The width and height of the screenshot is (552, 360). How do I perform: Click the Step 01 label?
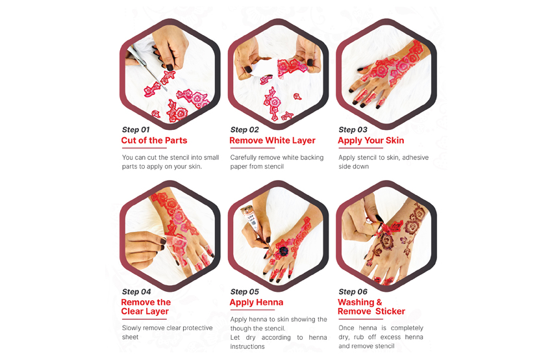click(x=136, y=129)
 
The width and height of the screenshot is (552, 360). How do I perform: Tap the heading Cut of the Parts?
click(x=154, y=140)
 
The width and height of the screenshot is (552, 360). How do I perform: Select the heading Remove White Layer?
click(x=273, y=140)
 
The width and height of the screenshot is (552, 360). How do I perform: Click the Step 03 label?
click(x=353, y=129)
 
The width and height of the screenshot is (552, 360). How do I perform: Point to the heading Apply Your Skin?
click(x=371, y=140)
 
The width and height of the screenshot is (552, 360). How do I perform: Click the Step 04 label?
click(x=136, y=292)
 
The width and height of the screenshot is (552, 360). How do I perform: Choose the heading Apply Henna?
click(x=257, y=303)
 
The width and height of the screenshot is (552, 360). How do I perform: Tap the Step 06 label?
click(x=353, y=292)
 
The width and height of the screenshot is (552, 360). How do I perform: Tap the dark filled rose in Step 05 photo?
click(x=283, y=251)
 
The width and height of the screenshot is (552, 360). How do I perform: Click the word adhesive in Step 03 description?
click(x=416, y=157)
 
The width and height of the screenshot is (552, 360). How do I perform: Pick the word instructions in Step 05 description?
click(x=247, y=346)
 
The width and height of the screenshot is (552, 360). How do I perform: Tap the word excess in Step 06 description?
click(x=390, y=337)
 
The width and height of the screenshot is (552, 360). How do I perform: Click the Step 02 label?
click(x=245, y=129)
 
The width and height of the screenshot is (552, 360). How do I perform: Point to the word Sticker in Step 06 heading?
click(x=390, y=311)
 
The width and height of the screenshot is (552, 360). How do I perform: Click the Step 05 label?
click(x=245, y=292)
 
